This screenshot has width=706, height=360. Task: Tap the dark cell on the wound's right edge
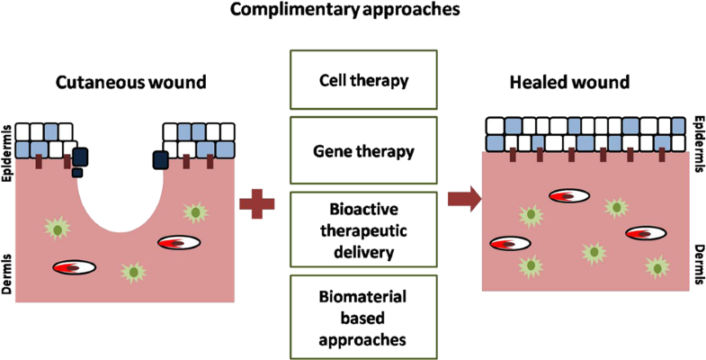pyautogui.click(x=162, y=159)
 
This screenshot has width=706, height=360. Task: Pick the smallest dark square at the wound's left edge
pyautogui.click(x=78, y=172)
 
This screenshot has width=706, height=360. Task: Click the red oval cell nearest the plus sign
pyautogui.click(x=178, y=242)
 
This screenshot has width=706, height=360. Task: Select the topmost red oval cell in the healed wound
pyautogui.click(x=568, y=195)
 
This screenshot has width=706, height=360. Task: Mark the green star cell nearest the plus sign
pyautogui.click(x=194, y=211)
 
